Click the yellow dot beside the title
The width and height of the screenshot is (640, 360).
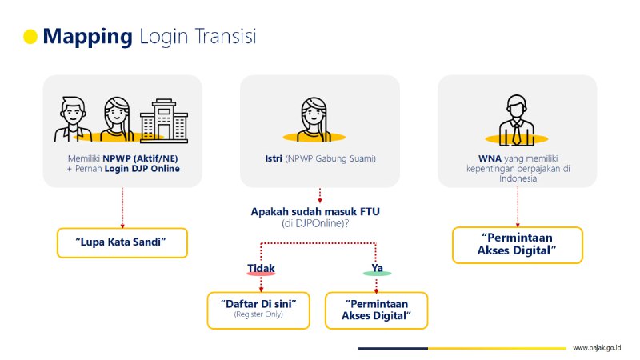point(31,36)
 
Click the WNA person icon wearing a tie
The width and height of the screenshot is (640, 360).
point(516,120)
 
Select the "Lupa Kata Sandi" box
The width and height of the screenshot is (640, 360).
point(122,242)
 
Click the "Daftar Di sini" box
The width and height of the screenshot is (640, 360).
point(258,310)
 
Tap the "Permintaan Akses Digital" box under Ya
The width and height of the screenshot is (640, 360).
point(376,310)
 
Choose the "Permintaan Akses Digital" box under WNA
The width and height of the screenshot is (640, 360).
point(517,245)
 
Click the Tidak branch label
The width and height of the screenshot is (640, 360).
point(261,266)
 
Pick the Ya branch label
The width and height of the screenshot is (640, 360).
point(377,266)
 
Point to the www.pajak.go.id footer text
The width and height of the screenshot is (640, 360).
point(597,348)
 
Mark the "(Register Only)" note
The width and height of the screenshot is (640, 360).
point(258,315)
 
